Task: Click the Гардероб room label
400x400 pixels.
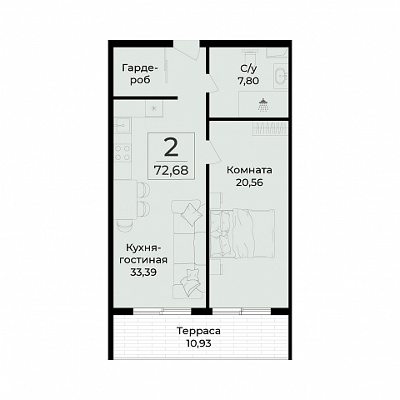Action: click(140, 74)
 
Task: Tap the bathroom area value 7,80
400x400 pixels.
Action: click(248, 81)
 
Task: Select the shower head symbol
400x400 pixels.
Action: click(262, 105)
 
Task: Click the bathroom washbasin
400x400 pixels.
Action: click(281, 74)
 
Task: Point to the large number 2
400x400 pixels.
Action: click(171, 147)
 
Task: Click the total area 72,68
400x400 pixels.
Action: click(171, 170)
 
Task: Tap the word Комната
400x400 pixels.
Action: click(249, 170)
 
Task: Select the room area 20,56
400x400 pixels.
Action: click(249, 182)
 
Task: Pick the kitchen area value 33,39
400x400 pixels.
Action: click(143, 272)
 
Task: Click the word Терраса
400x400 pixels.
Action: click(198, 331)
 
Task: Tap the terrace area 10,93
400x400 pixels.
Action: click(198, 343)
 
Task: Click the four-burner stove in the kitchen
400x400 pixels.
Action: click(122, 152)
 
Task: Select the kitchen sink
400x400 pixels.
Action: click(122, 125)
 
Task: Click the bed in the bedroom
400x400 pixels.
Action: click(242, 234)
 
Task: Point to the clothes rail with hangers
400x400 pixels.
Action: click(271, 128)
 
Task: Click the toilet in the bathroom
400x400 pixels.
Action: click(249, 57)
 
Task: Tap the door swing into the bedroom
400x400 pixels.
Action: click(214, 152)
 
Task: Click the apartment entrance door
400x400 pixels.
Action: click(187, 50)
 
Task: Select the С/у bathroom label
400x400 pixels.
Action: click(248, 68)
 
